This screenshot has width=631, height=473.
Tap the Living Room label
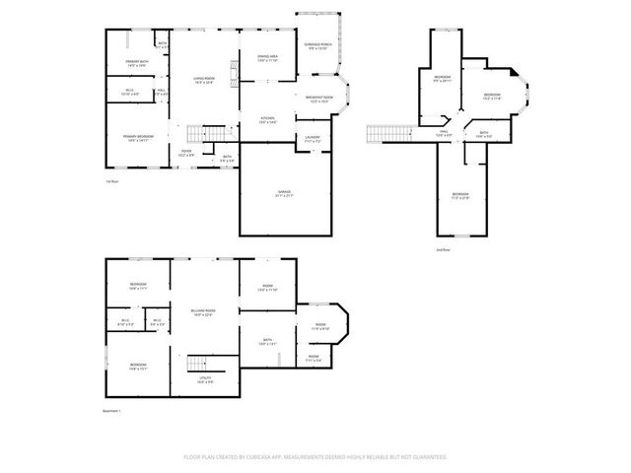204,77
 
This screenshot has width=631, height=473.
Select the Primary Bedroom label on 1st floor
137,137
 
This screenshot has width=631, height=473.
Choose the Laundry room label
312,138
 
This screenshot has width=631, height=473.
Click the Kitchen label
267,119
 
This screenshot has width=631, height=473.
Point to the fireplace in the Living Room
235,72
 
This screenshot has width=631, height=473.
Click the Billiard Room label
204,311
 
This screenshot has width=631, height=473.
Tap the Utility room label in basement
204,379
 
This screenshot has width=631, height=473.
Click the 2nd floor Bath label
484,133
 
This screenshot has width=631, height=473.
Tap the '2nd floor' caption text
444,249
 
